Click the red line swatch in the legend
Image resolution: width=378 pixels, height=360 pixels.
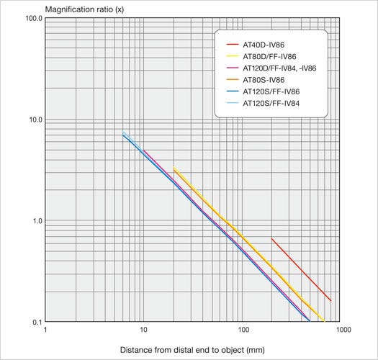(231, 45)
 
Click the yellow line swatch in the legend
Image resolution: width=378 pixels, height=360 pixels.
(231, 57)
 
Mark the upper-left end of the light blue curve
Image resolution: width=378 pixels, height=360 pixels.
(123, 132)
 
